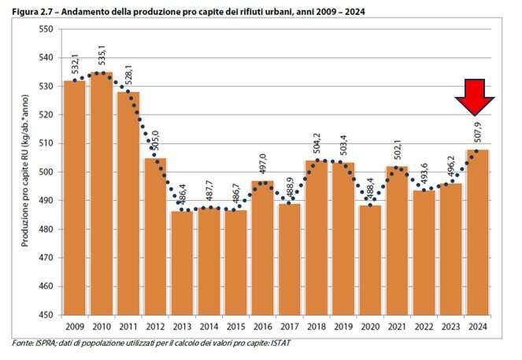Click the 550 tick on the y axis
click(x=46, y=29)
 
